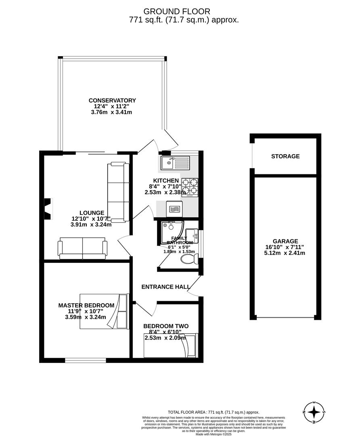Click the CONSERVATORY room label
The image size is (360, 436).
click(112, 101)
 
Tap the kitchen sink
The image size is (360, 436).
click(174, 163)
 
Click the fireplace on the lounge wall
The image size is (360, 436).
click(48, 209)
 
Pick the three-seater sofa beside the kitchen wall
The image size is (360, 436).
click(118, 192)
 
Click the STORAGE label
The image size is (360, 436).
click(285, 156)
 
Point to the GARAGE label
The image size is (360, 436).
click(285, 241)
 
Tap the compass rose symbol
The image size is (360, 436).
click(314, 413)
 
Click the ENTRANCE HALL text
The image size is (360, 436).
click(165, 287)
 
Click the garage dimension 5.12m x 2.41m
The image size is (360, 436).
click(285, 253)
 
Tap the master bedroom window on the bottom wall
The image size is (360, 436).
click(86, 361)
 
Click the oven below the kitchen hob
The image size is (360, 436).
click(174, 209)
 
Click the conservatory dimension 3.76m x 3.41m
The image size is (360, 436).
click(112, 112)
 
